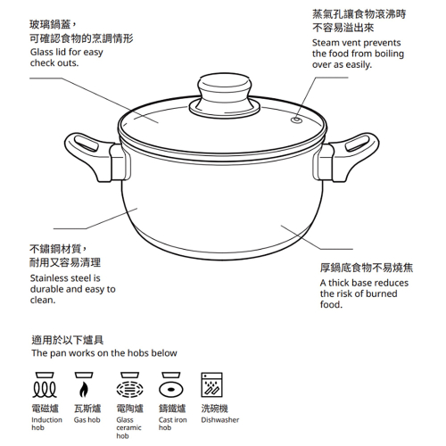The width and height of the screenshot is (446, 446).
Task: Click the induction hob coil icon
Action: [x=45, y=388]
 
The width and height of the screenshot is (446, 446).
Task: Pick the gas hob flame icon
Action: [x=85, y=389]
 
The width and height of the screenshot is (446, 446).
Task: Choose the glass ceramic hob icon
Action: [x=129, y=388]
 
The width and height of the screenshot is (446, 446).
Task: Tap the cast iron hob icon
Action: [x=170, y=388]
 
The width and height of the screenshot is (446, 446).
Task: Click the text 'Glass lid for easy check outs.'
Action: [x=66, y=58]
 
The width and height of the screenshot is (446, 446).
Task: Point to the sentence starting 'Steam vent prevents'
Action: [x=356, y=54]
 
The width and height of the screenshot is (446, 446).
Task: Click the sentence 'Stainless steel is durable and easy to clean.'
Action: [x=72, y=289]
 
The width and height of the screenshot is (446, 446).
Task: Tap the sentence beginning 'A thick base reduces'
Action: [x=364, y=293]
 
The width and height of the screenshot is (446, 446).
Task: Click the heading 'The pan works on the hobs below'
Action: [x=104, y=353]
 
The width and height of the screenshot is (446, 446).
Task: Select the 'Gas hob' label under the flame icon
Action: [x=87, y=419]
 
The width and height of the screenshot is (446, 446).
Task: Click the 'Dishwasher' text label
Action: [x=220, y=419]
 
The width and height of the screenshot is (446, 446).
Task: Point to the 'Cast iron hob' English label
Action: [x=172, y=424]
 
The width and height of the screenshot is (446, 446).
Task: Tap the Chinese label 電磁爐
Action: [x=45, y=408]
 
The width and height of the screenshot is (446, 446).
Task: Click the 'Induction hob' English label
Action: [x=46, y=424]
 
